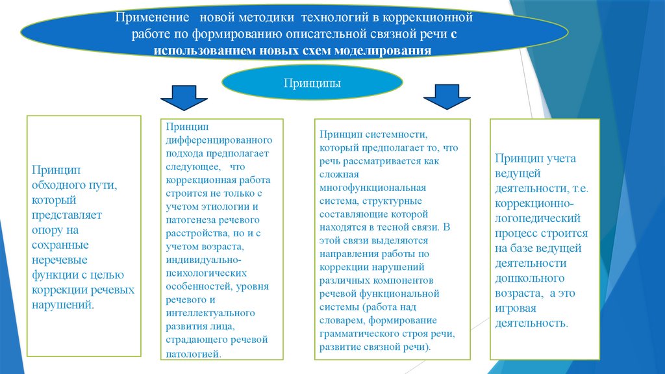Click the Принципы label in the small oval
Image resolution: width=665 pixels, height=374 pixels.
click(312, 84)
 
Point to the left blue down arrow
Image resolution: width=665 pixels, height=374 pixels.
click(184, 97)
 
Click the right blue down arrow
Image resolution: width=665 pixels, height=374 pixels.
click(446, 97)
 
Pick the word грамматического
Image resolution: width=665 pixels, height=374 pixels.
click(355, 334)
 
